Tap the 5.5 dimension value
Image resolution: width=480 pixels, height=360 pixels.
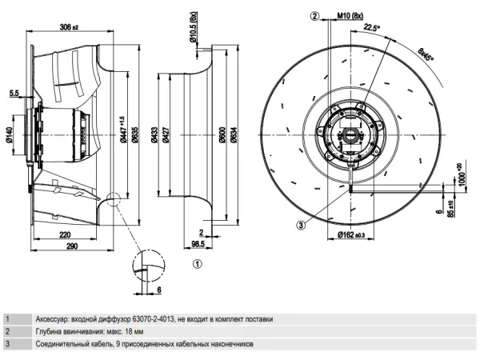14,94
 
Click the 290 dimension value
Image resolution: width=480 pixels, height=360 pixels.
72,248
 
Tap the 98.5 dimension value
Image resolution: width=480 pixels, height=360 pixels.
198,243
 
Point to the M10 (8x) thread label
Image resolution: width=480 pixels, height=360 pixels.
350,15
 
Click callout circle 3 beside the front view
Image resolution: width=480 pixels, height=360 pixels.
300,226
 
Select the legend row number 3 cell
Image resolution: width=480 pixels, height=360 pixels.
7,344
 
